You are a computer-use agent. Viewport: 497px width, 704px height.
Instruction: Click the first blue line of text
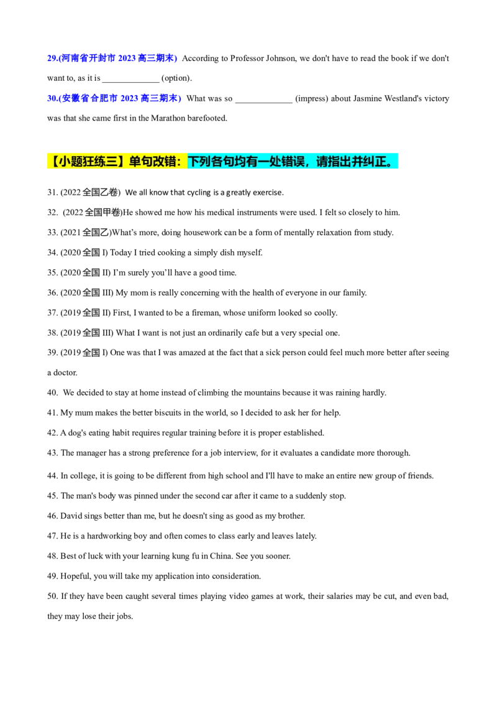coord(112,59)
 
